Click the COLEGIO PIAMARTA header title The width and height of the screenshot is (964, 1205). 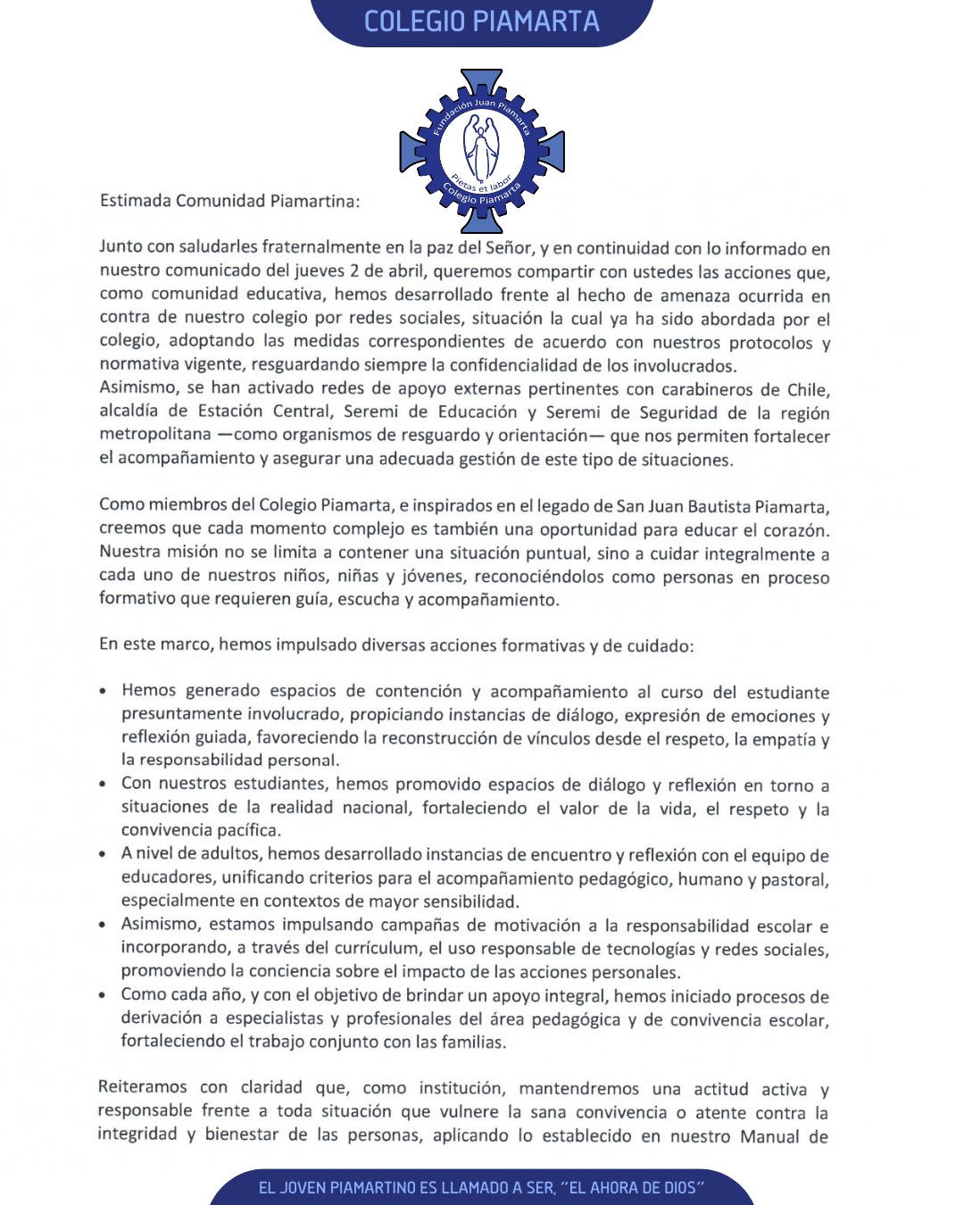click(482, 21)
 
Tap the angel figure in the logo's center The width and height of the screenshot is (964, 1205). click(482, 148)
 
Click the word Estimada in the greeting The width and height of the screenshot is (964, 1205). click(135, 201)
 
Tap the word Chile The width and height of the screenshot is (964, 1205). click(807, 389)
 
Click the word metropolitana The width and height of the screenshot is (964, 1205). click(155, 435)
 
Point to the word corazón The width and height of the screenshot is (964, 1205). click(797, 529)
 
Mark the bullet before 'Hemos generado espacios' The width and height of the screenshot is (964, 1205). click(104, 691)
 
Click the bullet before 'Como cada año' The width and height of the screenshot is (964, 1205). click(104, 994)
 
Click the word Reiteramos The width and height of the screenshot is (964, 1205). click(143, 1087)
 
